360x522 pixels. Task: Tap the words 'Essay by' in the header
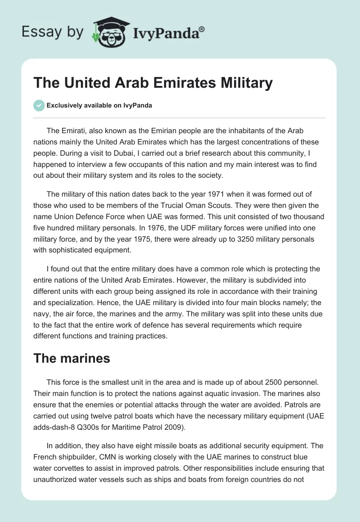pyautogui.click(x=53, y=31)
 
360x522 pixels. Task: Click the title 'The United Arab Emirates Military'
pyautogui.click(x=153, y=83)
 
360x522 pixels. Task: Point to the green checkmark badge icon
pyautogui.click(x=39, y=105)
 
